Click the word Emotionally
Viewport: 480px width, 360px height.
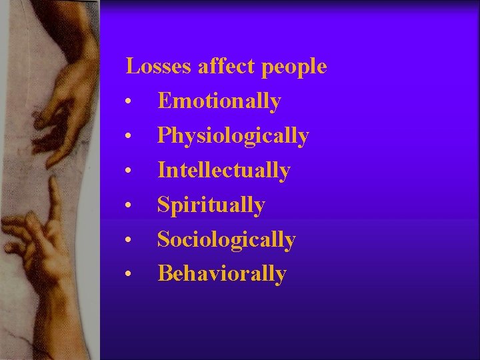219,101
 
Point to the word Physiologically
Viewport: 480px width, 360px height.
233,137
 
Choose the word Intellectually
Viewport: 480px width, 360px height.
223,171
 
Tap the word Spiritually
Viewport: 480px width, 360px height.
211,205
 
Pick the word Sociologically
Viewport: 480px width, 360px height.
226,239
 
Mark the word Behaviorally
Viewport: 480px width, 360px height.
221,273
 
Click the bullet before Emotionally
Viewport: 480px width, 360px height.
127,103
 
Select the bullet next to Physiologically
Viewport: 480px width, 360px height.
127,137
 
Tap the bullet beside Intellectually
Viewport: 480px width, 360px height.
127,171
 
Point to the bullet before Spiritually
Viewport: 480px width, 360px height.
127,206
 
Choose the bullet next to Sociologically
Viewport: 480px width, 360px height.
127,240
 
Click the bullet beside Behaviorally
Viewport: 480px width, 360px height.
127,275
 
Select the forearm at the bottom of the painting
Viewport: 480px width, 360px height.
63,320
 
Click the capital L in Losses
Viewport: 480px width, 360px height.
132,67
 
